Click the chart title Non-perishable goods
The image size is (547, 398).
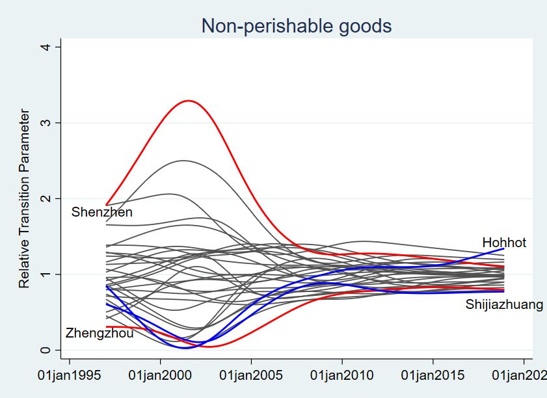(x=296, y=26)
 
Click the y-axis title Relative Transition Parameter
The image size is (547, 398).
(x=24, y=199)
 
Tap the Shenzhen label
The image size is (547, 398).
(x=102, y=213)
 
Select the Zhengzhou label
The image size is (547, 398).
(x=100, y=334)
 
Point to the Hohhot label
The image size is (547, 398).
(x=504, y=243)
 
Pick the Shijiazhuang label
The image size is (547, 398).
(x=504, y=304)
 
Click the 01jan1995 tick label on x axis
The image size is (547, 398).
(x=70, y=376)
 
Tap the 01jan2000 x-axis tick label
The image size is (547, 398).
(x=161, y=376)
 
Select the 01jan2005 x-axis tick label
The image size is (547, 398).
(x=252, y=376)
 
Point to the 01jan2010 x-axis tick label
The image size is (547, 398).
(x=343, y=376)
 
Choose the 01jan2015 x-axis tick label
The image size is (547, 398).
(x=434, y=376)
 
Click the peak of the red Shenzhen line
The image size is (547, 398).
(x=189, y=101)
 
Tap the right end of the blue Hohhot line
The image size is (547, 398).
(x=503, y=248)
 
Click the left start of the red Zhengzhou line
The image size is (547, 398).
(x=107, y=326)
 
